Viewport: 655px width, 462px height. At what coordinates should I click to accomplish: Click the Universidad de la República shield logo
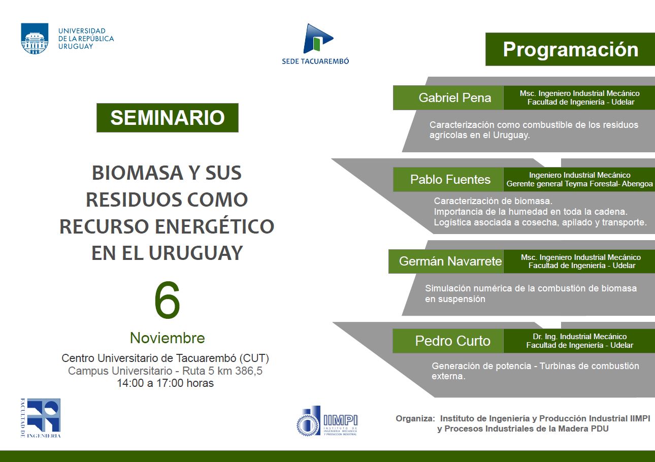[x=35, y=39]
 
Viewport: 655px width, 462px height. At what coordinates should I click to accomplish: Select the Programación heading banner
[x=570, y=49]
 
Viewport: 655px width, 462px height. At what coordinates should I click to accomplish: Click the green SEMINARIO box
[x=168, y=118]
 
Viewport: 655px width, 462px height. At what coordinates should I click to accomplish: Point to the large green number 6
[x=167, y=300]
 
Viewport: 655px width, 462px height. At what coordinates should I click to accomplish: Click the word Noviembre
[x=167, y=338]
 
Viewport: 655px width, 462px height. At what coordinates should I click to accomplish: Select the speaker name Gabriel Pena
[x=455, y=97]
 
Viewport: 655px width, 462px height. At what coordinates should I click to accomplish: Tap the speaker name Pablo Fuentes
[x=450, y=179]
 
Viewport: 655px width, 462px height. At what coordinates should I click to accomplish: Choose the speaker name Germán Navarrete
[x=450, y=261]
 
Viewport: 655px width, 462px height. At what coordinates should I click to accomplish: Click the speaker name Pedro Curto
[x=452, y=341]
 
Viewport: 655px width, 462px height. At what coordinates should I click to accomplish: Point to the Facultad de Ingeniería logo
[x=41, y=418]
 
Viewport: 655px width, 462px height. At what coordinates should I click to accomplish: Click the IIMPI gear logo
[x=326, y=421]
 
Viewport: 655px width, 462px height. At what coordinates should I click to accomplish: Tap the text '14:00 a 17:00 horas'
[x=165, y=383]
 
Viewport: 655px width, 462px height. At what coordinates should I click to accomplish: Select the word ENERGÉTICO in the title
[x=215, y=226]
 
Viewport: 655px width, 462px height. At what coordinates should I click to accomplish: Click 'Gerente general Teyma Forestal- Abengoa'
[x=579, y=184]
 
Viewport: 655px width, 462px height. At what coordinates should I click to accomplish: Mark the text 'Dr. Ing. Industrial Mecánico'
[x=579, y=337]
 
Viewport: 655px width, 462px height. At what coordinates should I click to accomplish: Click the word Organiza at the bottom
[x=415, y=418]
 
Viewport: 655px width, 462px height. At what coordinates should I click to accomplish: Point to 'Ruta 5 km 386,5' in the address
[x=222, y=371]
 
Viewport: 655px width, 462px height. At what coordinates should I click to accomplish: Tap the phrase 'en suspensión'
[x=455, y=299]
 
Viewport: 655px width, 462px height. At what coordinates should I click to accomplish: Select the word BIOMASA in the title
[x=138, y=173]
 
